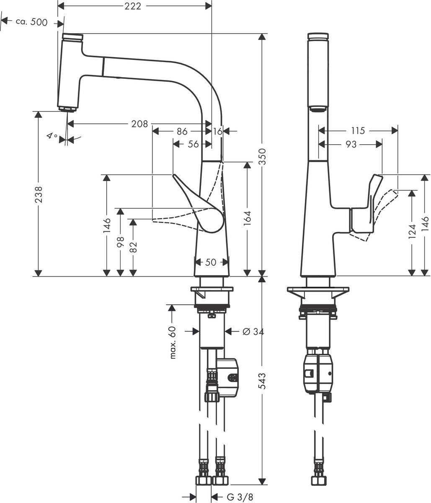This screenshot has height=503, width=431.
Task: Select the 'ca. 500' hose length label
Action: (x=31, y=22)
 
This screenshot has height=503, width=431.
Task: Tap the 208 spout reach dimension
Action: (x=139, y=124)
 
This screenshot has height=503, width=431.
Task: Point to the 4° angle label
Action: (x=52, y=136)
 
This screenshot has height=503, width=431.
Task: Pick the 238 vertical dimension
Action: (x=38, y=194)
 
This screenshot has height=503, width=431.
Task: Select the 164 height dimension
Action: (x=247, y=219)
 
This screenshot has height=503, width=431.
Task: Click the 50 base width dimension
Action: (x=211, y=262)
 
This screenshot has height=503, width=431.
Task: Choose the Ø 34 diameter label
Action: (x=253, y=332)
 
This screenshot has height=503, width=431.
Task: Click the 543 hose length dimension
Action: (x=262, y=381)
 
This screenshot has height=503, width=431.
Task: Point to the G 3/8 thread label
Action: (x=240, y=497)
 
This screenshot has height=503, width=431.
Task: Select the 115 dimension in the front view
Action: (x=358, y=131)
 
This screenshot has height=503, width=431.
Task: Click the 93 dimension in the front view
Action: (x=351, y=144)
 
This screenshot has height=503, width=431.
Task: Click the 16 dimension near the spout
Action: (x=217, y=131)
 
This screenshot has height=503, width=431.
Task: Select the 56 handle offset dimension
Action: (x=193, y=144)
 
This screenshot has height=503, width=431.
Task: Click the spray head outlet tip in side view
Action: (x=67, y=109)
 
